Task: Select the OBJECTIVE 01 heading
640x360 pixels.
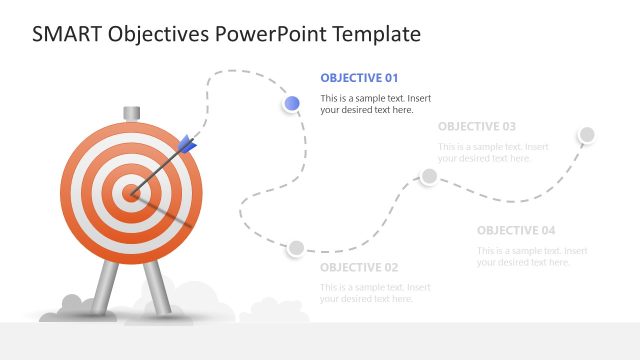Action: [x=359, y=77]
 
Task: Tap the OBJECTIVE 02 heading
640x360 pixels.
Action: [x=359, y=267]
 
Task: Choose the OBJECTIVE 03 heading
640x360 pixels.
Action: [x=477, y=126]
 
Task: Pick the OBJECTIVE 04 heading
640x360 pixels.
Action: [x=516, y=230]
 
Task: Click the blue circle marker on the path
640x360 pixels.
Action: [x=292, y=103]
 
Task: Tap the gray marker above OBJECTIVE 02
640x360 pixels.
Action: [x=296, y=248]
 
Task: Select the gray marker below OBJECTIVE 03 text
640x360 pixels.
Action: [x=429, y=176]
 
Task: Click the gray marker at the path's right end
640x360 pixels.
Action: [x=587, y=135]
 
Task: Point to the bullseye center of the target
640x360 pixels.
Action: [x=130, y=191]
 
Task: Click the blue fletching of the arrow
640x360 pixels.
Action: [x=187, y=147]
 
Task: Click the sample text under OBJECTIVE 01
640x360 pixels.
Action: [x=375, y=104]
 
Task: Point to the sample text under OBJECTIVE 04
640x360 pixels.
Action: [x=531, y=256]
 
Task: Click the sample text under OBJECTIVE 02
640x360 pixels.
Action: [x=375, y=293]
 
